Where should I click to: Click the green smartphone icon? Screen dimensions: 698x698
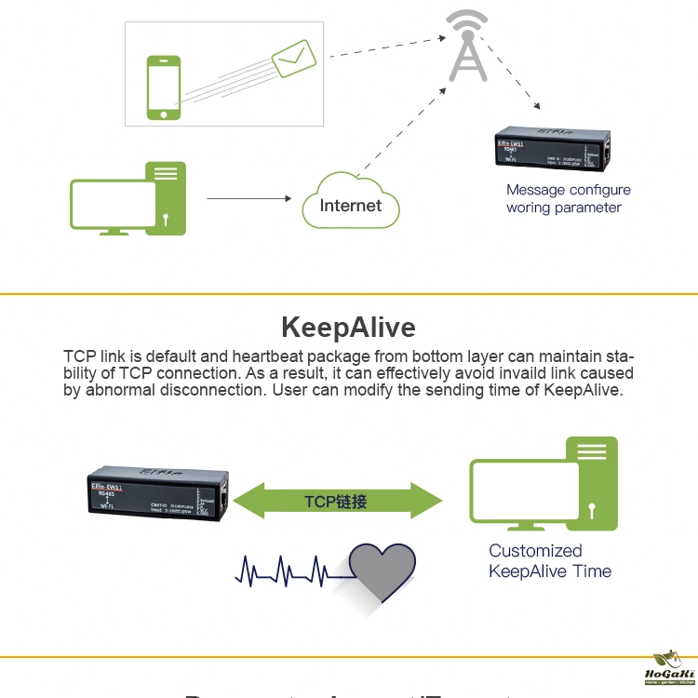[x=164, y=87]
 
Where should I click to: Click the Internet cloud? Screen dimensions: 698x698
[x=351, y=202]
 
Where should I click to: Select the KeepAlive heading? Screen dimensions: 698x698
[x=348, y=328]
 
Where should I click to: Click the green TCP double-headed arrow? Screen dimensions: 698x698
[x=336, y=501]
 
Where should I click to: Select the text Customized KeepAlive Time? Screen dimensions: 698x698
[x=549, y=561]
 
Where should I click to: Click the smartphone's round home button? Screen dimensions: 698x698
[x=164, y=114]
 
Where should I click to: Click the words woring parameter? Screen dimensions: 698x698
[x=563, y=208]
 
